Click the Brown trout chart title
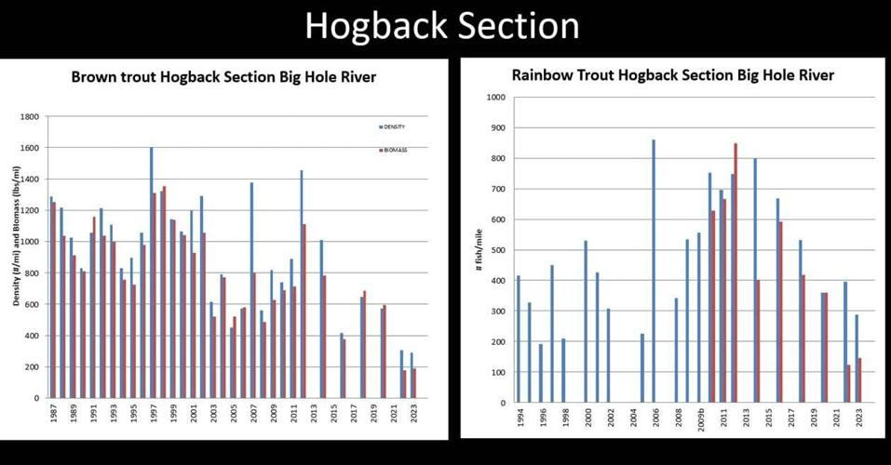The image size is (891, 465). (223, 77)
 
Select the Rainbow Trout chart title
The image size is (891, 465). (673, 74)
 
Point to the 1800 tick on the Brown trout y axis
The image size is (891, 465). (29, 117)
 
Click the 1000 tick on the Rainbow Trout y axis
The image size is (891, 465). (495, 98)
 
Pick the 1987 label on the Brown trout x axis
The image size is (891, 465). (51, 415)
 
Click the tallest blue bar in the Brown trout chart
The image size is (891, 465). (151, 272)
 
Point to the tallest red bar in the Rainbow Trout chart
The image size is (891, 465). (736, 272)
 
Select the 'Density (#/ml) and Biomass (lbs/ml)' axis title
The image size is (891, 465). (16, 237)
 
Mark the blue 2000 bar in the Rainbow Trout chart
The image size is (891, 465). (586, 321)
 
